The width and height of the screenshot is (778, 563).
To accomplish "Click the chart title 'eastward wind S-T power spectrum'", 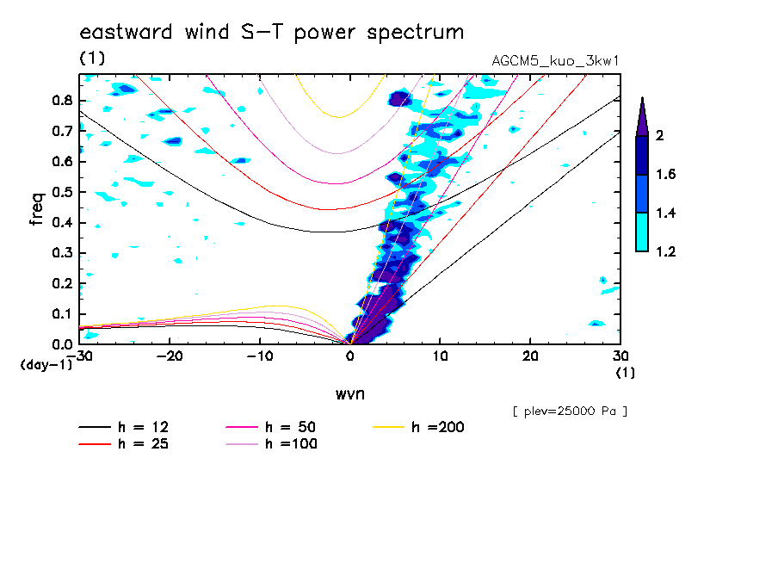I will point(272,33).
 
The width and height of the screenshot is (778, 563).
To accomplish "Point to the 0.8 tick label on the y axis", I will point(61,101).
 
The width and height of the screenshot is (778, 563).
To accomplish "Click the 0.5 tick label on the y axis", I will point(61,192).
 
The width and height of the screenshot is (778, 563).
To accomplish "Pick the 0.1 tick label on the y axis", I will point(61,314).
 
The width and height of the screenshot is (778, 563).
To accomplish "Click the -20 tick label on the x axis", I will point(170,356).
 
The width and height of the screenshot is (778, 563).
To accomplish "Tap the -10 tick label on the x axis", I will point(259,356).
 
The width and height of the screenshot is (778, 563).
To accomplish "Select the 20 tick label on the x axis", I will point(529,356).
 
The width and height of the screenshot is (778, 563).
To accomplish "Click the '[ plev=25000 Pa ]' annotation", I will point(570,412).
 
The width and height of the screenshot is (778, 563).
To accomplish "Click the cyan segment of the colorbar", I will point(642,232).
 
